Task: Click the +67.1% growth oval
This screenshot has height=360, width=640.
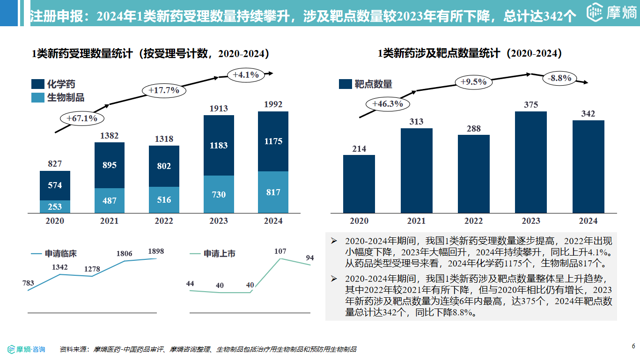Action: click(81, 118)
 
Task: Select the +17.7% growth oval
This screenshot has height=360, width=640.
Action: click(164, 90)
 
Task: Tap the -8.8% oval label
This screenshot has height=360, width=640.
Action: click(559, 79)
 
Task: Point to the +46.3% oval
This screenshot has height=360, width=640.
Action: click(388, 104)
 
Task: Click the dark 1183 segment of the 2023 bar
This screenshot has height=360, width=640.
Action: click(219, 146)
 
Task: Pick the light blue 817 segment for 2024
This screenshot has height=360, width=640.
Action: click(273, 192)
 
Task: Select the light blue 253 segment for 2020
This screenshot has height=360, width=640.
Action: click(55, 206)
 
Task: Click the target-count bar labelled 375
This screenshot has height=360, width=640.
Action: click(531, 162)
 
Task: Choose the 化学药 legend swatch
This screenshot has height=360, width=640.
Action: click(38, 84)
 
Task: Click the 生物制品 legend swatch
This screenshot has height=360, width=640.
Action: click(38, 98)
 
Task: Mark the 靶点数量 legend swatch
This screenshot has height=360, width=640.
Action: click(346, 84)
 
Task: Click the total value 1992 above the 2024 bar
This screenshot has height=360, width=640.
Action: click(273, 104)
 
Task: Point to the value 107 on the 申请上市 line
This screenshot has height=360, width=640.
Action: click(280, 251)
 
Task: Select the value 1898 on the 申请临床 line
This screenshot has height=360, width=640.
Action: click(156, 251)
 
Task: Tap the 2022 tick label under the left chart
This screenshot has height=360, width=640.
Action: click(164, 221)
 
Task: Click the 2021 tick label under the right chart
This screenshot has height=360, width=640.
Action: click(416, 221)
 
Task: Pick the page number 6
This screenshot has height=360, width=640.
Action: click(633, 346)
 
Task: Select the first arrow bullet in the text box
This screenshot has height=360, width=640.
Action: click(334, 241)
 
